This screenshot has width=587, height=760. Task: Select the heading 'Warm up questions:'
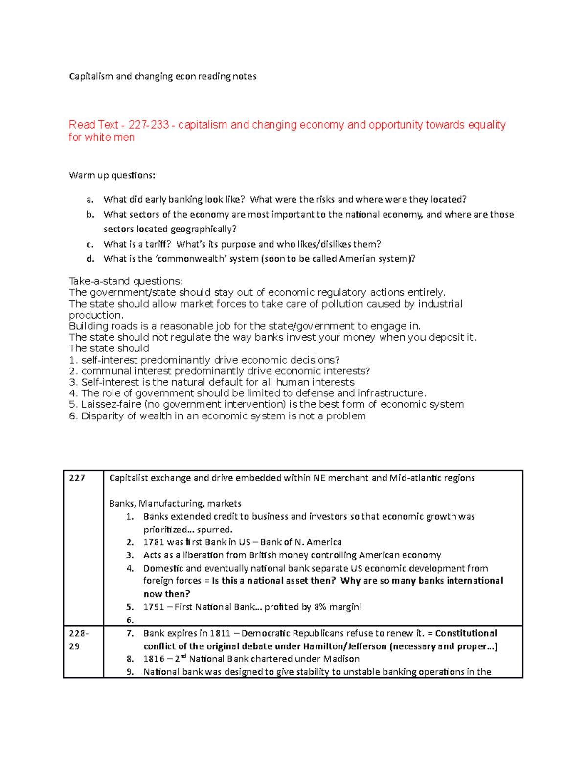click(112, 175)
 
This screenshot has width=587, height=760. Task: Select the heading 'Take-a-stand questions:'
click(126, 281)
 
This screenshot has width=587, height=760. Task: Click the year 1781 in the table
click(154, 542)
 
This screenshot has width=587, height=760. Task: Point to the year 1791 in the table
click(154, 607)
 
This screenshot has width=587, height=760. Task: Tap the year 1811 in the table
click(220, 633)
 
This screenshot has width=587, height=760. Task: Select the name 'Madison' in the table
click(341, 659)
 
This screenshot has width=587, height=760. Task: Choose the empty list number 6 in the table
click(130, 621)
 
